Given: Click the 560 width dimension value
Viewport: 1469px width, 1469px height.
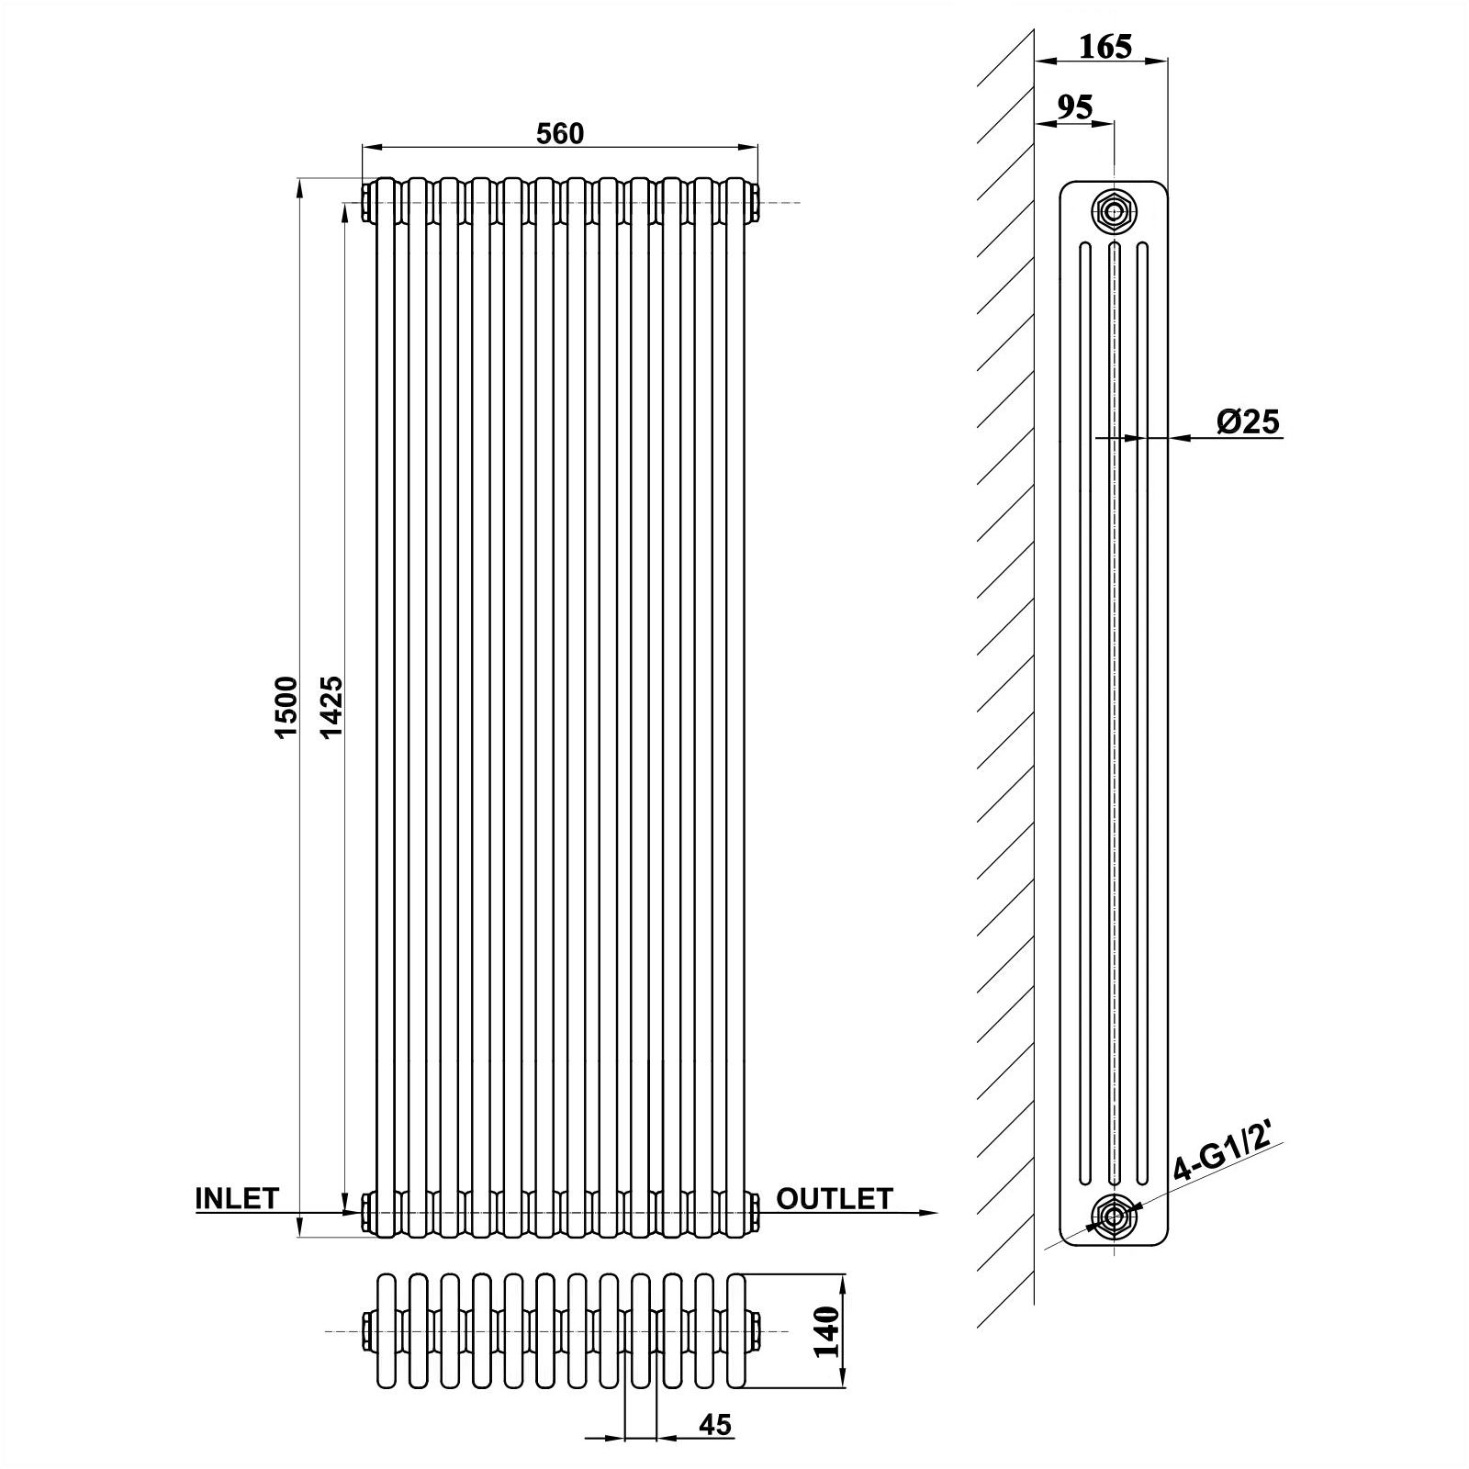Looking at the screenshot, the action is (560, 134).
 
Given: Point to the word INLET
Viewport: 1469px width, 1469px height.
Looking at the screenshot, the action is (237, 1198).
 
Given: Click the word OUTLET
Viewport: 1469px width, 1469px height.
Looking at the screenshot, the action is (835, 1198).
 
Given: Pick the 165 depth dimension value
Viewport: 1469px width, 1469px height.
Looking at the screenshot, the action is (1105, 46).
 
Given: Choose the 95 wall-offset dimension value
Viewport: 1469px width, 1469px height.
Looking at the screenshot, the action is (1074, 107).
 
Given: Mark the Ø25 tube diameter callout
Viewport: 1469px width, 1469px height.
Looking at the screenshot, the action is (1248, 421).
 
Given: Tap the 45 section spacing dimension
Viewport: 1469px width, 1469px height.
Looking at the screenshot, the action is (715, 1425).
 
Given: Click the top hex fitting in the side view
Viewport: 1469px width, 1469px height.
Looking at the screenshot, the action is (1114, 210).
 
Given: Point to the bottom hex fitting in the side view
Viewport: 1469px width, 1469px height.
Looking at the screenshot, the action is (1114, 1217).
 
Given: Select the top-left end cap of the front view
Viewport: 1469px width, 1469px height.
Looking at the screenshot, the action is (367, 203).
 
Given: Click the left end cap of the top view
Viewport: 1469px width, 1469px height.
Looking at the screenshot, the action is (367, 1331).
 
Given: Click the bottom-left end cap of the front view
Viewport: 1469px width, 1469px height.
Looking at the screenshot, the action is (367, 1212).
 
